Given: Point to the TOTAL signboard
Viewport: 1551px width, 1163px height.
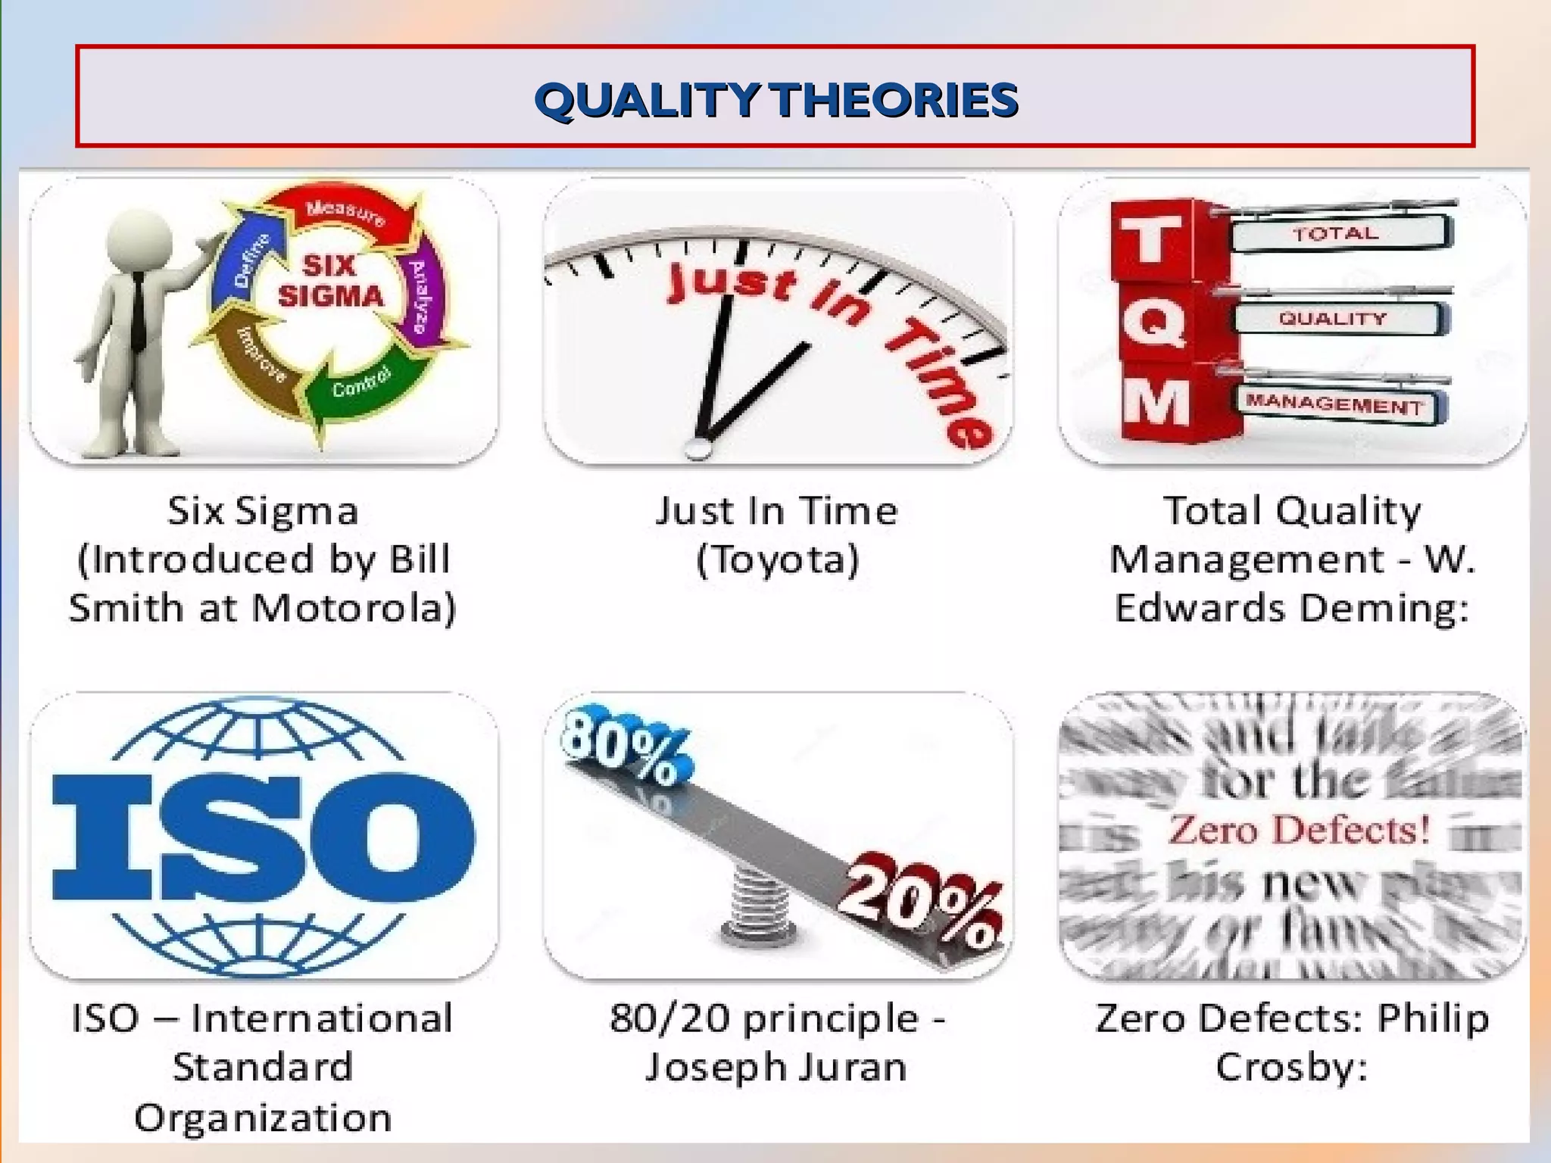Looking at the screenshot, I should [1336, 233].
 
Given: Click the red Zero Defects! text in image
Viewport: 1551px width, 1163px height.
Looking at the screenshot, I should [1300, 829].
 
